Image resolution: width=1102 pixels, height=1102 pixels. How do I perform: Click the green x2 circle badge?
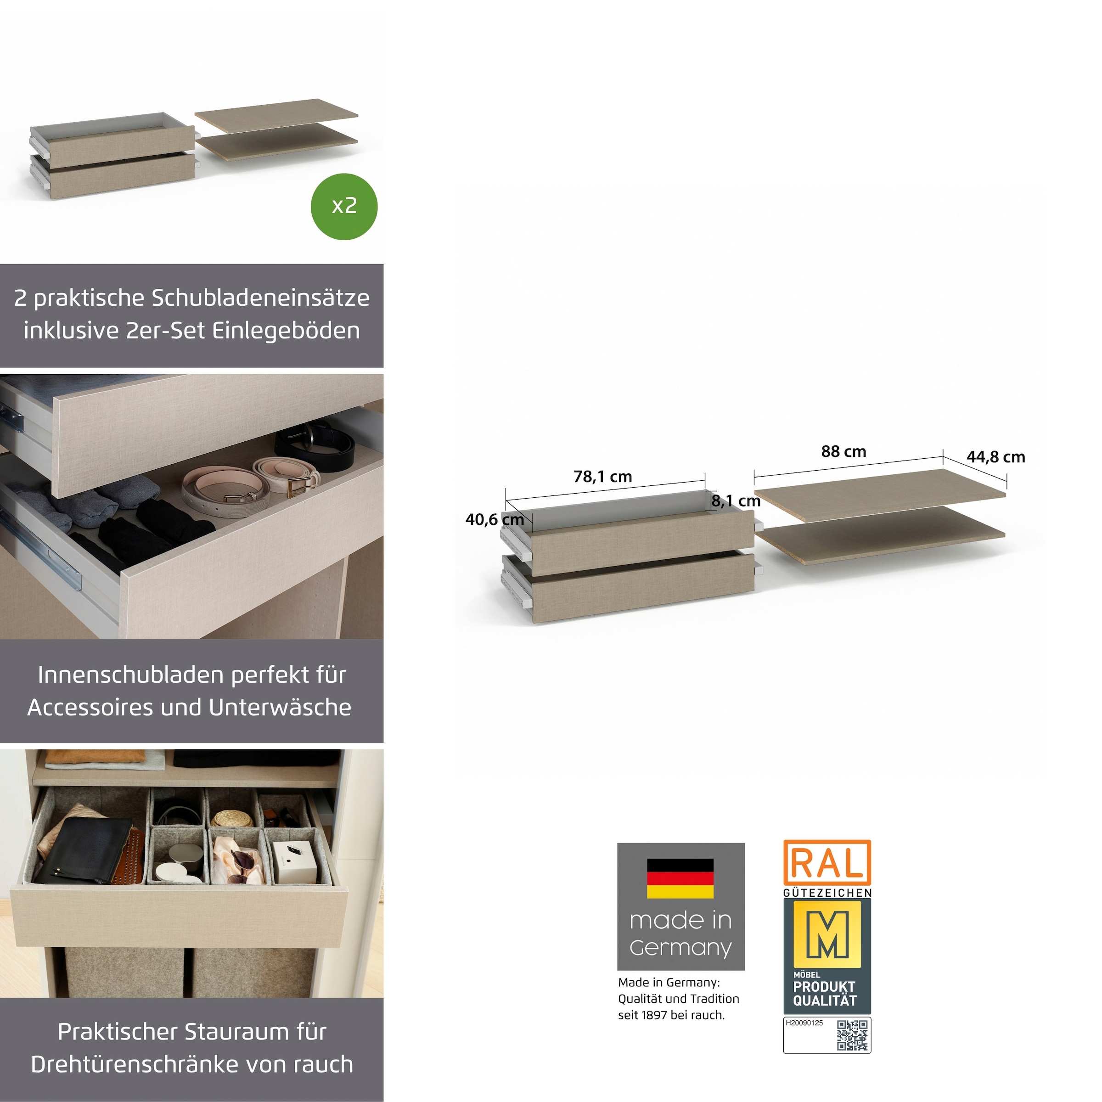(x=344, y=207)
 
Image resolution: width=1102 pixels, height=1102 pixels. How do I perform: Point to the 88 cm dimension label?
(x=843, y=451)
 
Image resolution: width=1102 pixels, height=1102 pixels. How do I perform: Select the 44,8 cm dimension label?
(x=996, y=457)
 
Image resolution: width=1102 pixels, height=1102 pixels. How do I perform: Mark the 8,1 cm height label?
(x=736, y=501)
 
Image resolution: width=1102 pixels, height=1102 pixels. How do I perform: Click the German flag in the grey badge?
(x=680, y=878)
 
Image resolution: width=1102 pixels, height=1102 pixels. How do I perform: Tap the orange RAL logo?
(x=826, y=862)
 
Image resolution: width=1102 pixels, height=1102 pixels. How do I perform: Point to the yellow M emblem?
(x=827, y=934)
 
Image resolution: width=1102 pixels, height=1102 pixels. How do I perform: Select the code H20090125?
(x=804, y=1023)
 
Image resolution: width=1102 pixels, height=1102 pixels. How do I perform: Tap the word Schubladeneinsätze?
(x=260, y=298)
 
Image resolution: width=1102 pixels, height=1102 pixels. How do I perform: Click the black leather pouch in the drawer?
(x=83, y=850)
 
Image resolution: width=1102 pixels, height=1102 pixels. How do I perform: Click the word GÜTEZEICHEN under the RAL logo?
(x=827, y=893)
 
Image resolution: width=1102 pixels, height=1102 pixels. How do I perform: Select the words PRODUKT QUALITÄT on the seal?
(x=825, y=994)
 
